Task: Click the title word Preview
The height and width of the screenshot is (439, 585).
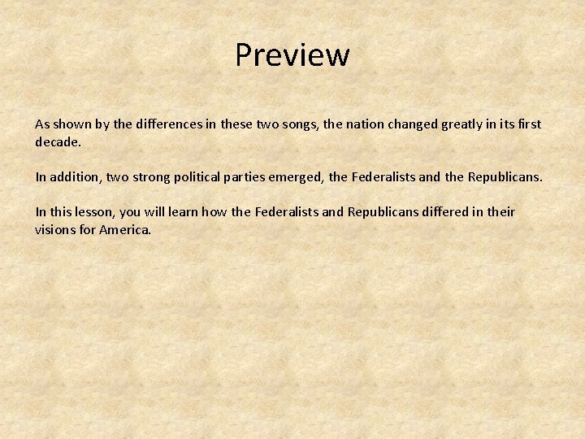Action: (x=292, y=55)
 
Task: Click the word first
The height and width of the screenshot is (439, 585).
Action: (x=530, y=124)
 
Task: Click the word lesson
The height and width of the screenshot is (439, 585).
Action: (x=95, y=212)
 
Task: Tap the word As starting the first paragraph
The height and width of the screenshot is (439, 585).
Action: (x=42, y=124)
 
